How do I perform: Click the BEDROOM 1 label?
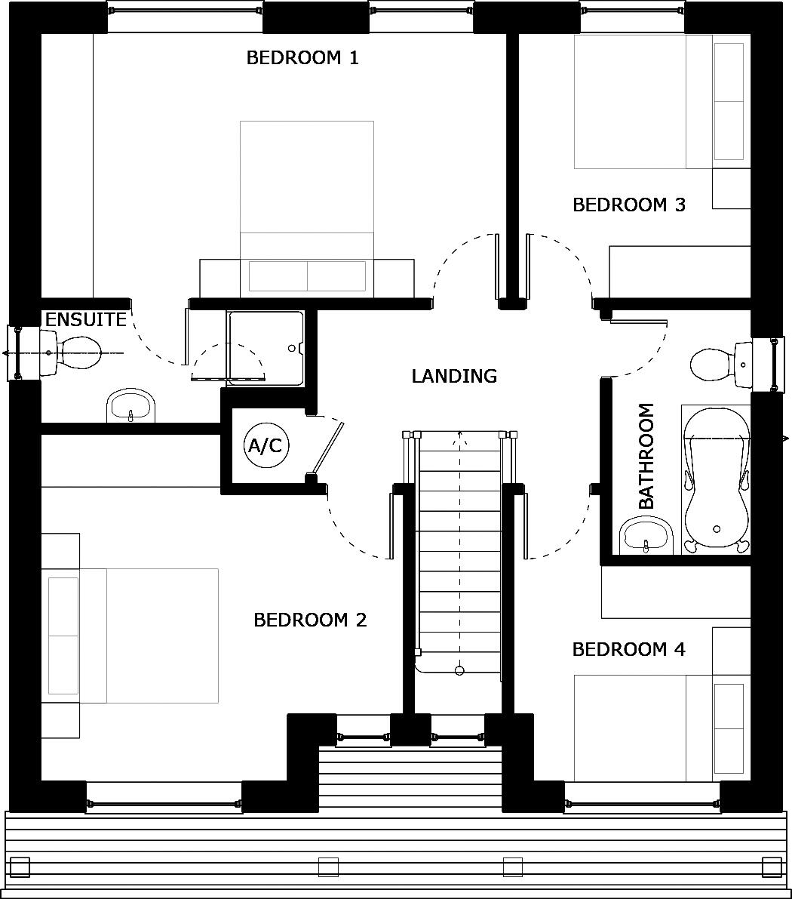tap(302, 58)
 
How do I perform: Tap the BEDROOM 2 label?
tap(310, 620)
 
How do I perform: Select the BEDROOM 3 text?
tap(629, 205)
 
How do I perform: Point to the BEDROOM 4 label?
tap(629, 649)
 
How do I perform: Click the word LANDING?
tap(454, 376)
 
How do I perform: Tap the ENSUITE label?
tap(86, 320)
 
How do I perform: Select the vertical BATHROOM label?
tap(646, 456)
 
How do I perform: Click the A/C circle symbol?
tap(265, 446)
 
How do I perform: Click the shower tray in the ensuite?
tap(266, 347)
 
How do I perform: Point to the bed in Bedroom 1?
tap(307, 204)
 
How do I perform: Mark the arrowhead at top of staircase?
tap(459, 436)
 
